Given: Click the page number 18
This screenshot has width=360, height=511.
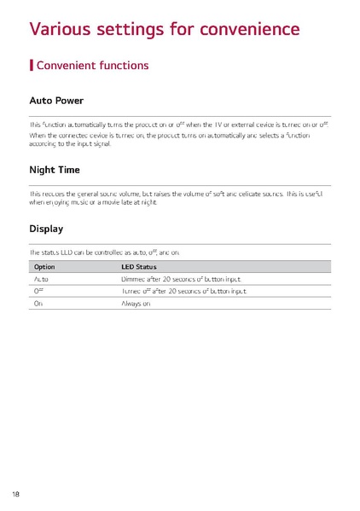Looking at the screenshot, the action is point(16,494).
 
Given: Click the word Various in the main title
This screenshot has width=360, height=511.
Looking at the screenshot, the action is point(61,29).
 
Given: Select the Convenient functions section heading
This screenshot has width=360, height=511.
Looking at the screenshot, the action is point(93,65).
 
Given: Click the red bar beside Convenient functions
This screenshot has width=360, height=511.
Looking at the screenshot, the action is point(32,65).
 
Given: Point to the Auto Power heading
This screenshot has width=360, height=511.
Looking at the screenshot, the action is point(56,101).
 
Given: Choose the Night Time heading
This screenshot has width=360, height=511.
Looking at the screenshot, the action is point(55,170).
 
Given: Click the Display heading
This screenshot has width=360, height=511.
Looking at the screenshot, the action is point(46,229).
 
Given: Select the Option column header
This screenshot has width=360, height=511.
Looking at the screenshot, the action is point(44,266).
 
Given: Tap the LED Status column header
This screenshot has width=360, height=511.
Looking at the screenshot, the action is point(140,266).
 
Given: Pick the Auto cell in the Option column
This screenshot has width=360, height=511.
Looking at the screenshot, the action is point(41,278).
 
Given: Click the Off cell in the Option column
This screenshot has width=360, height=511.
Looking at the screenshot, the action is point(38,291).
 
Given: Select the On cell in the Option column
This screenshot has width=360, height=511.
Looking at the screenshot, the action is point(38,304).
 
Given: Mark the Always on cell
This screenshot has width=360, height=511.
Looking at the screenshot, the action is point(136,304).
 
